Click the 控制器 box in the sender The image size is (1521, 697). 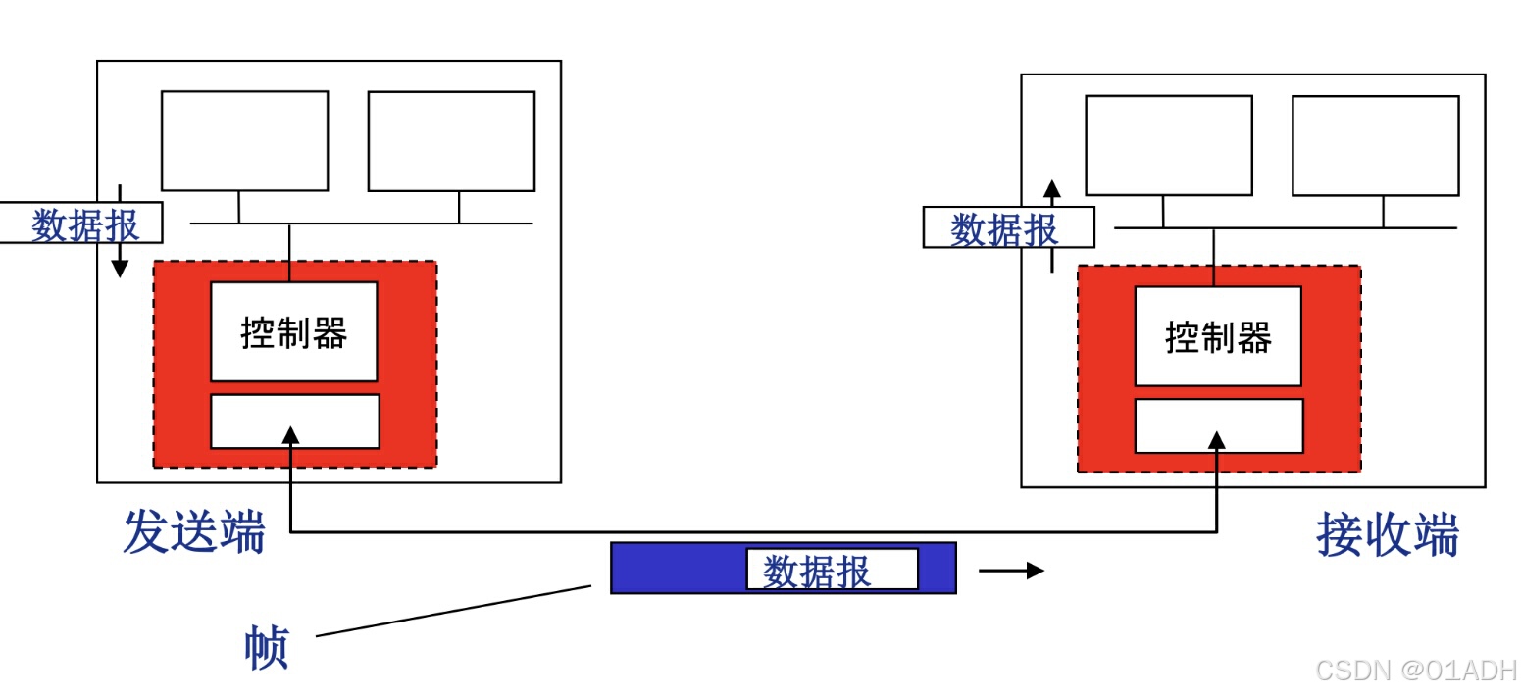point(294,332)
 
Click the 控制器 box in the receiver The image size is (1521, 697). point(1218,336)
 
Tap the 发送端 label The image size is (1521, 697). point(194,532)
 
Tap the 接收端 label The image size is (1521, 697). point(1387,535)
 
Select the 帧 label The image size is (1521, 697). point(266,648)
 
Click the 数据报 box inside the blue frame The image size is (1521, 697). point(832,570)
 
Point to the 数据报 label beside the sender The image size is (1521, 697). point(84,224)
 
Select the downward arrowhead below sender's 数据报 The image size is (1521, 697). point(120,268)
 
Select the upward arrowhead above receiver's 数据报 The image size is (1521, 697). point(1052,189)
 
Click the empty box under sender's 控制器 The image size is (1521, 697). point(295,422)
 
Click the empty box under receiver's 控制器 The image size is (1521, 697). point(1219,425)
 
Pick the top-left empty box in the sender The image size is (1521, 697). point(244,141)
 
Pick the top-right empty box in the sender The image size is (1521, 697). point(451,141)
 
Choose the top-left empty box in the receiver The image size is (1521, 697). point(1169,145)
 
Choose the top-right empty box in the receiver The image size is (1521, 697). point(1376,145)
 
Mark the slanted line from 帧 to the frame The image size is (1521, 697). point(453,612)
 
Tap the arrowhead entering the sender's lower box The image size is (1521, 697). point(289,434)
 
